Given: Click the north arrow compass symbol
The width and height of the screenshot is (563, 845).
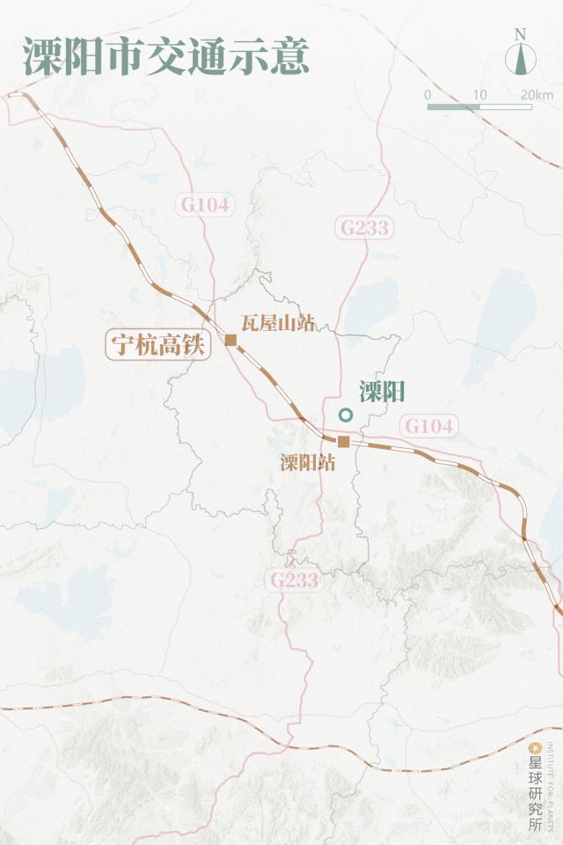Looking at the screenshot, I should [x=521, y=59].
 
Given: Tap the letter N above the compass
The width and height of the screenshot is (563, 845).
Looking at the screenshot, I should [x=521, y=34].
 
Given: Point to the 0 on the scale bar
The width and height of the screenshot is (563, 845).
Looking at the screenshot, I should [x=428, y=94].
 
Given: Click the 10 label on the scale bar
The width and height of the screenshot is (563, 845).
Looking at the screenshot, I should [x=479, y=94].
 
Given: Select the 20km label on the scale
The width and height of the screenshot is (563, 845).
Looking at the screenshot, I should [x=536, y=94].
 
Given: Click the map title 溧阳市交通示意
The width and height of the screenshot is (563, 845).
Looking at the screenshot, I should [x=165, y=56].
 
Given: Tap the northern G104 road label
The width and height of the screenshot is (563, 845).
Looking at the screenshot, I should [x=205, y=205].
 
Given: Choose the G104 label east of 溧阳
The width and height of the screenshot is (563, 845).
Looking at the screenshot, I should [x=430, y=426].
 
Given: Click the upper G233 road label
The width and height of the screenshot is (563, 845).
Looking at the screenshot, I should [x=364, y=228].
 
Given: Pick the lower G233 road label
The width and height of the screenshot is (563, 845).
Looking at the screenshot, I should [x=294, y=580].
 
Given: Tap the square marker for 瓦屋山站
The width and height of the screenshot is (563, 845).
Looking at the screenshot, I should [x=231, y=340].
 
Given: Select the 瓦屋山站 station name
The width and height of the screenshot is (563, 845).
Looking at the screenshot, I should [x=278, y=323].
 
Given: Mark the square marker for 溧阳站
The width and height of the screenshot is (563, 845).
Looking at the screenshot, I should [x=344, y=442].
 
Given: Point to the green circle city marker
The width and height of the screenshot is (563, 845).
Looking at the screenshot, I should [x=346, y=415].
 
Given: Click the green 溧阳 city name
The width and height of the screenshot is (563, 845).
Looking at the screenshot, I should [x=382, y=393].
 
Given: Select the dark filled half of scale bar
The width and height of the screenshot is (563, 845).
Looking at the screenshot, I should [x=454, y=107].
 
